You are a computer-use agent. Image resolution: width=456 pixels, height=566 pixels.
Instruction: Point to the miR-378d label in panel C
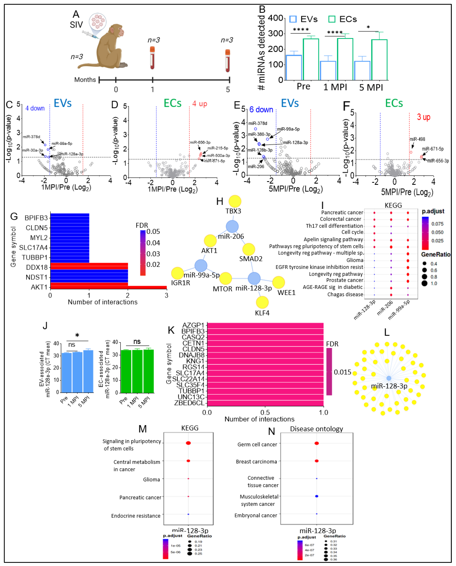[x=31, y=137]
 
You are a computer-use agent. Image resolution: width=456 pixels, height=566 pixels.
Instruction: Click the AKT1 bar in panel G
[x=108, y=287]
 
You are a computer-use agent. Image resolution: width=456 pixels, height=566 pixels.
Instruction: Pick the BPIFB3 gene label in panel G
[x=36, y=218]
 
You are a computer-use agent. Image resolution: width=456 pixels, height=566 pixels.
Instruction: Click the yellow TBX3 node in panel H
[x=235, y=201]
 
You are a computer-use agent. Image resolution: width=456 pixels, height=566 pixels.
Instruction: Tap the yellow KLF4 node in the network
[x=262, y=302]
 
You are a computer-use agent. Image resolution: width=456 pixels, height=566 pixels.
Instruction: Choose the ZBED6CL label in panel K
[x=189, y=403]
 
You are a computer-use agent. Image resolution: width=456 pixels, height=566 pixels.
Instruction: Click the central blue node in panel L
[x=389, y=378]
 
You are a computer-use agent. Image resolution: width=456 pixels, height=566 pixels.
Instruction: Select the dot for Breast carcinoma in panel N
[x=317, y=461]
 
